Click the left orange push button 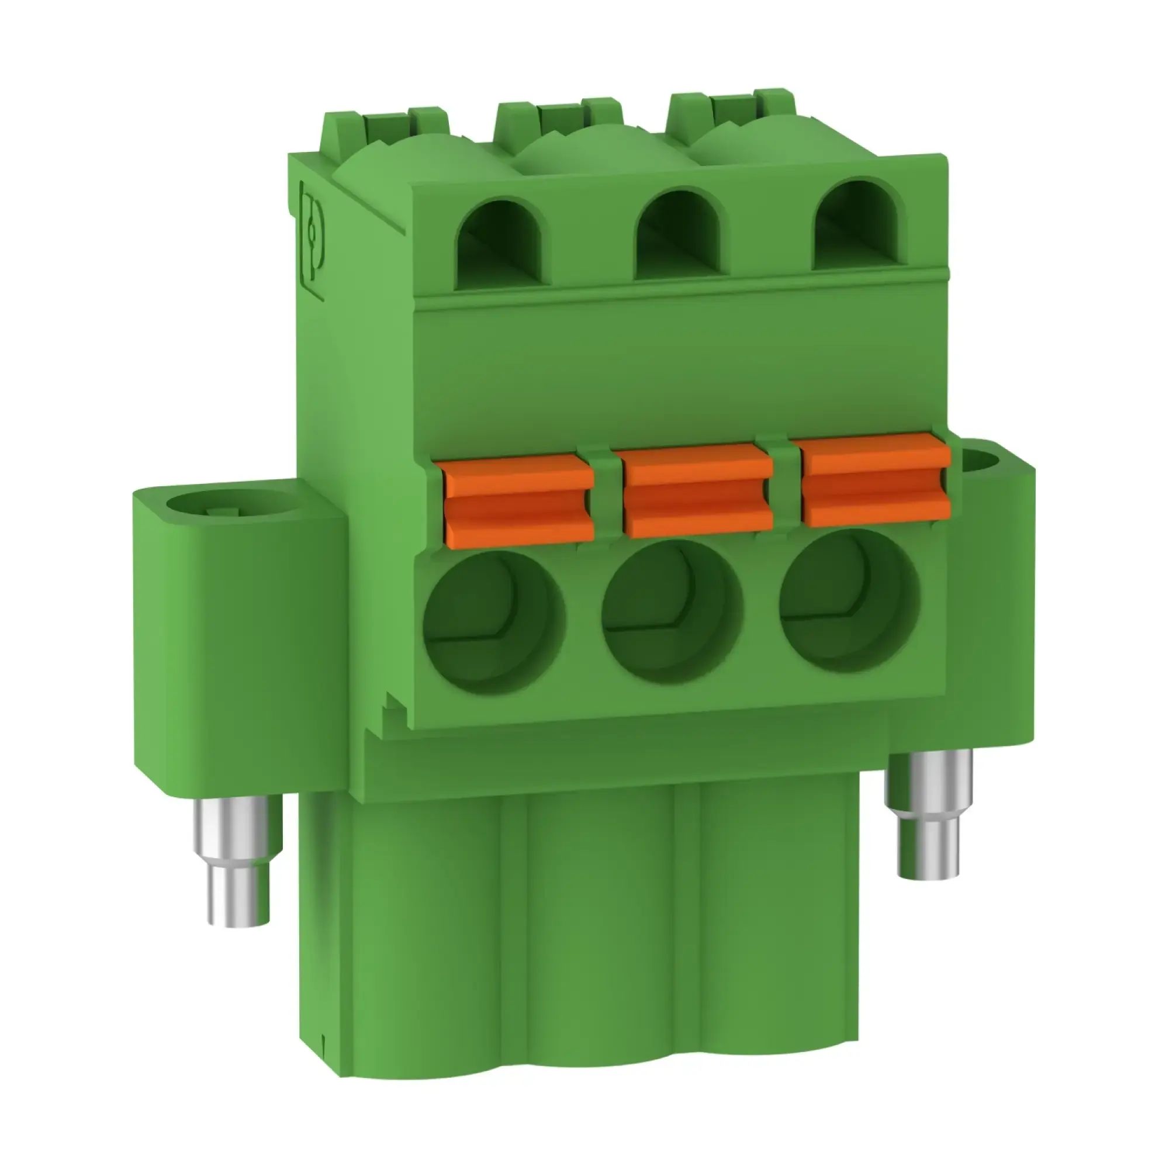pyautogui.click(x=519, y=500)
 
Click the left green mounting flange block pyautogui.click(x=239, y=635)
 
